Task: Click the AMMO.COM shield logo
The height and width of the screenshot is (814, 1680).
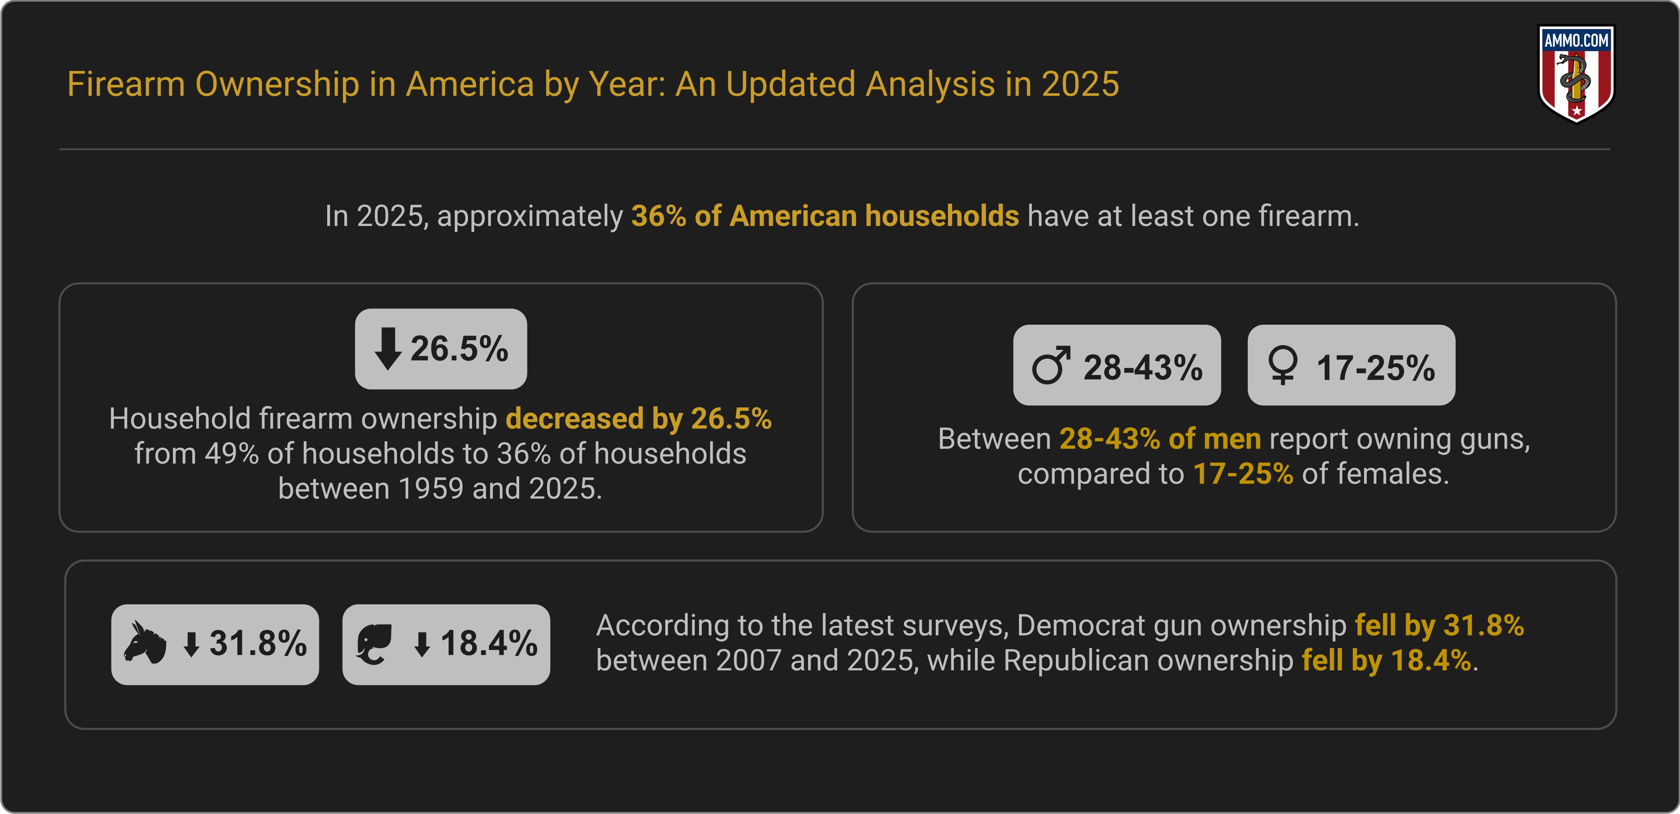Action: click(1576, 73)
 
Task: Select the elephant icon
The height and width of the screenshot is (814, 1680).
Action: click(374, 644)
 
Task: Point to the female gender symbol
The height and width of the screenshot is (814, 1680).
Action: click(1282, 366)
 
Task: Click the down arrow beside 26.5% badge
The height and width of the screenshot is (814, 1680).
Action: click(387, 349)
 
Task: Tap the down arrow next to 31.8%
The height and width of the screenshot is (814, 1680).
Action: click(191, 644)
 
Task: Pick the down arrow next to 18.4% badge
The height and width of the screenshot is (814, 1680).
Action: click(423, 644)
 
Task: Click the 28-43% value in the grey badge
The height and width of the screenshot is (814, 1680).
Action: click(1142, 367)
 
